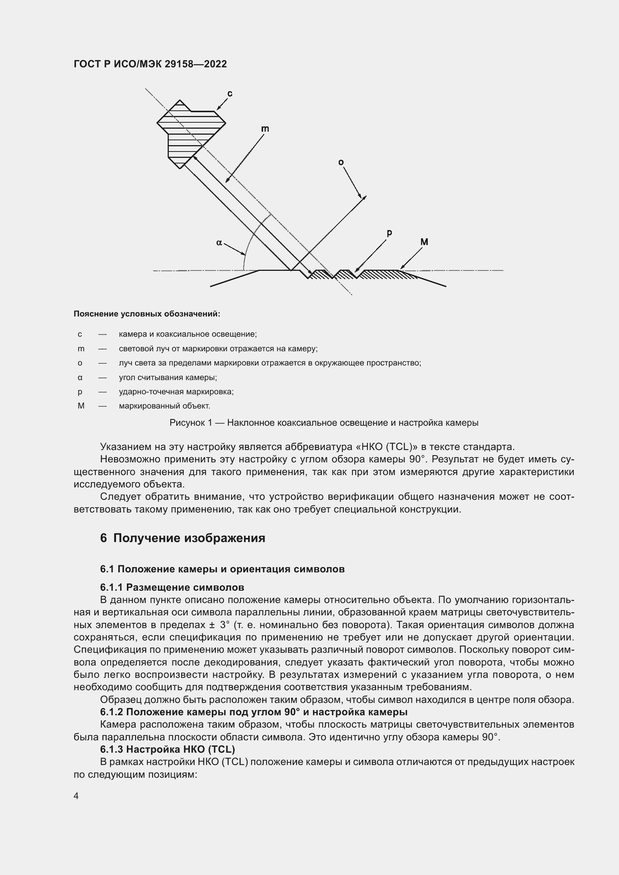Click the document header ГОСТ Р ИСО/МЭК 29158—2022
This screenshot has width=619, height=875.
(150, 64)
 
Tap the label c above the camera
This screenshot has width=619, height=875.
(230, 94)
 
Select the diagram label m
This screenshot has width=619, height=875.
(265, 129)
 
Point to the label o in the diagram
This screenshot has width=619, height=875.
(341, 163)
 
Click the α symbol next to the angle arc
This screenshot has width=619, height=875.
(219, 242)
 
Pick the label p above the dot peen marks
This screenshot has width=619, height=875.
(389, 232)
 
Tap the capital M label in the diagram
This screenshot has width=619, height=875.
(424, 242)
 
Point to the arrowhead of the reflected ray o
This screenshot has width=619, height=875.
(364, 198)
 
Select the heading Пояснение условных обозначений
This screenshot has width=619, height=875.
(147, 314)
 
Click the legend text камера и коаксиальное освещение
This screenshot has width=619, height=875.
(187, 334)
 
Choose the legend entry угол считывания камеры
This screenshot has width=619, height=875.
(168, 378)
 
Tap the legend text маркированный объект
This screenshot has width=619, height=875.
(164, 406)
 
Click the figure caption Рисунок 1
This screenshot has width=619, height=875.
(324, 423)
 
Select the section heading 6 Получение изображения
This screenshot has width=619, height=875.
(183, 538)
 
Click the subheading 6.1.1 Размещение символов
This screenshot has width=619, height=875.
(172, 587)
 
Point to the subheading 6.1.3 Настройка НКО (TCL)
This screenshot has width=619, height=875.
(167, 749)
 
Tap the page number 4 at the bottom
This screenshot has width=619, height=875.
(76, 796)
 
